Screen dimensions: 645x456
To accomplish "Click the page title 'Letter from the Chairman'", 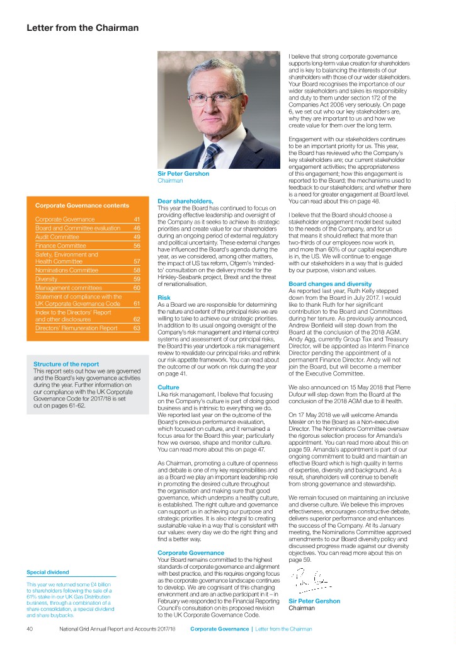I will [x=82, y=28].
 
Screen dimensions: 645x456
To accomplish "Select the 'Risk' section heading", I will [x=163, y=297].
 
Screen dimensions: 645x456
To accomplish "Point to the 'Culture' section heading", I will [x=168, y=386].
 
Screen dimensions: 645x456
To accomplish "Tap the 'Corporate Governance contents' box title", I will [x=82, y=205].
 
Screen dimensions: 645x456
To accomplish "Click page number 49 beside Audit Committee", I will [x=137, y=236].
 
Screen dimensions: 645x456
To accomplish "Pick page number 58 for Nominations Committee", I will [x=137, y=270].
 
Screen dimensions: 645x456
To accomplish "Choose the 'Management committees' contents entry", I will [x=68, y=287].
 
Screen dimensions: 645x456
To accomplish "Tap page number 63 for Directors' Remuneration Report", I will [x=137, y=328].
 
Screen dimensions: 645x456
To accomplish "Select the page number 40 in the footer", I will [x=30, y=628].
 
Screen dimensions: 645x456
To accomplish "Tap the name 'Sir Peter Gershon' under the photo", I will [x=183, y=174].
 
